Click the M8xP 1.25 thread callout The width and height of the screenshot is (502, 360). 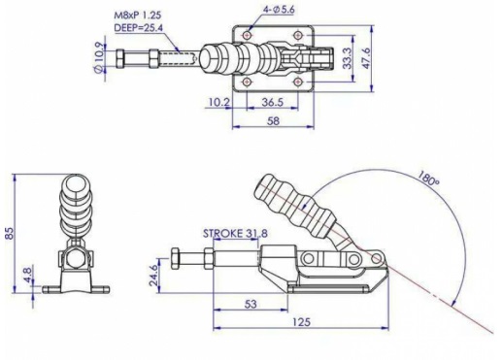138,16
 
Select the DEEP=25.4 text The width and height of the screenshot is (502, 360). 139,28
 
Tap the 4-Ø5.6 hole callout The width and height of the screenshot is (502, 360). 279,10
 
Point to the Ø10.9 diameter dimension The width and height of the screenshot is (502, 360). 99,57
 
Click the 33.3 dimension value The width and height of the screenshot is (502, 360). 347,58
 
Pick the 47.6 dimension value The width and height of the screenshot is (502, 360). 366,57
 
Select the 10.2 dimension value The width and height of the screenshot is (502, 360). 218,102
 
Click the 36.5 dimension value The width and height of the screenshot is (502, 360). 273,102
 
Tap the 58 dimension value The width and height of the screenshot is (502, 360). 273,121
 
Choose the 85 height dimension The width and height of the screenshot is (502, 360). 10,233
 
